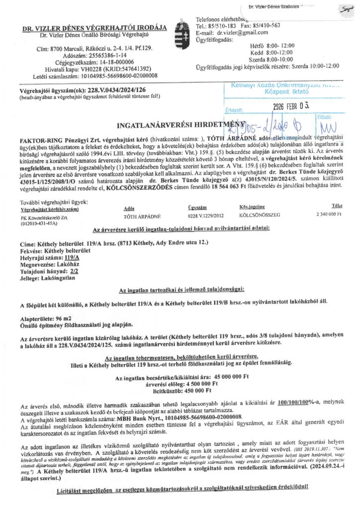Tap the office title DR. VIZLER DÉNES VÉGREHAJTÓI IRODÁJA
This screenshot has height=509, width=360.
click(x=94, y=28)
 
